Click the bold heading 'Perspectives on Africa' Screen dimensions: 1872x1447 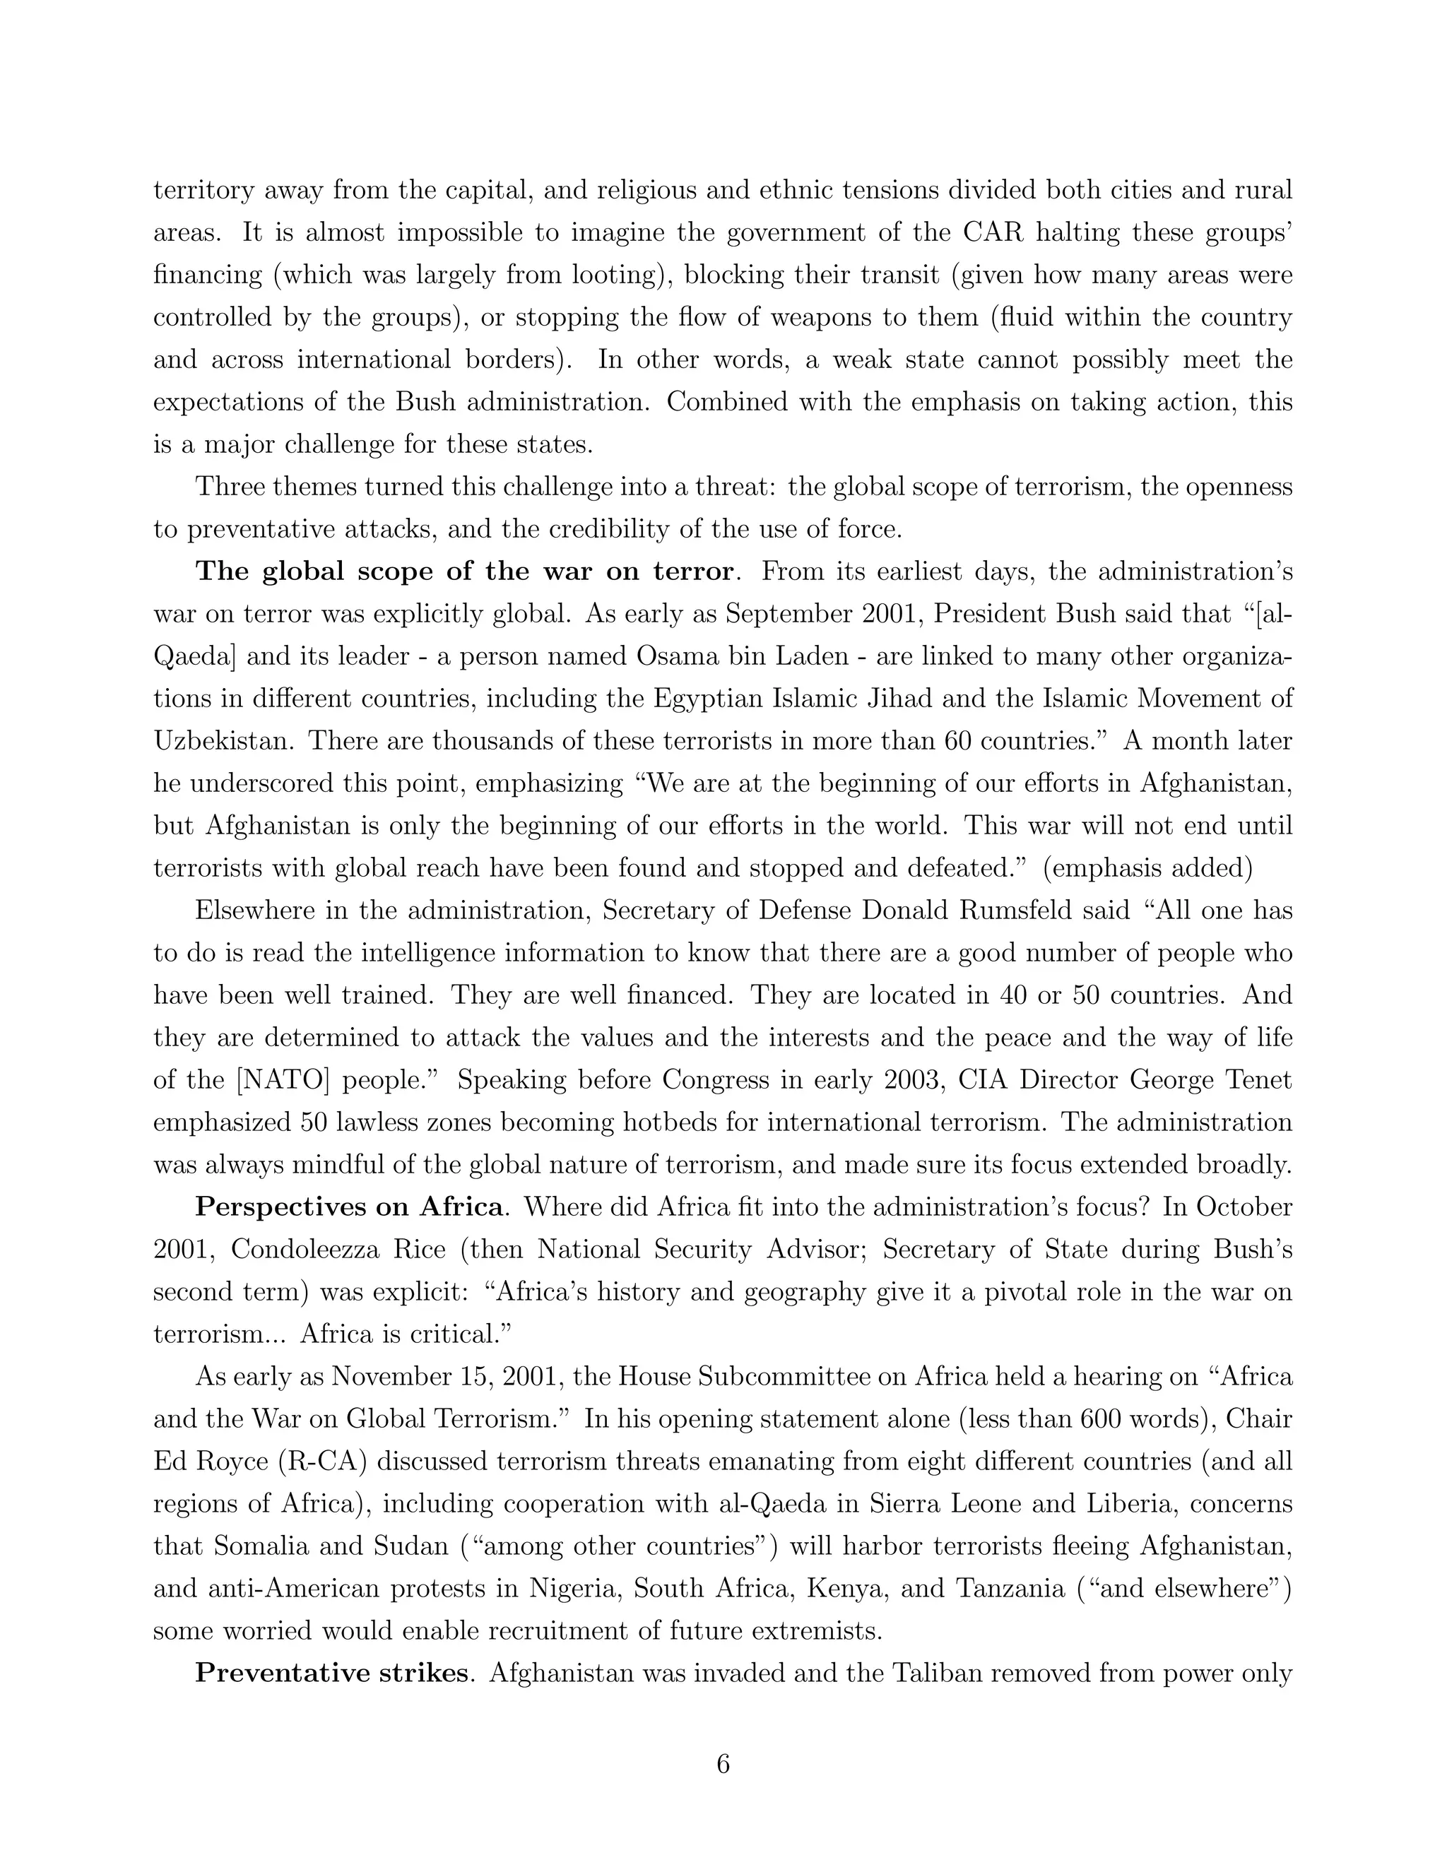click(349, 1207)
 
